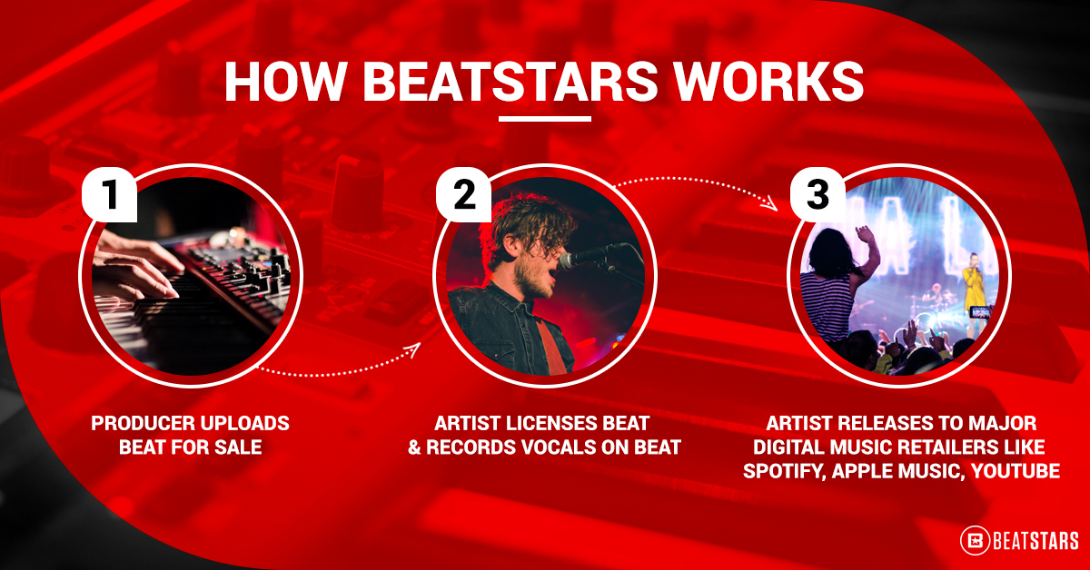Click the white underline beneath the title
545,118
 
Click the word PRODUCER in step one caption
147,424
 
